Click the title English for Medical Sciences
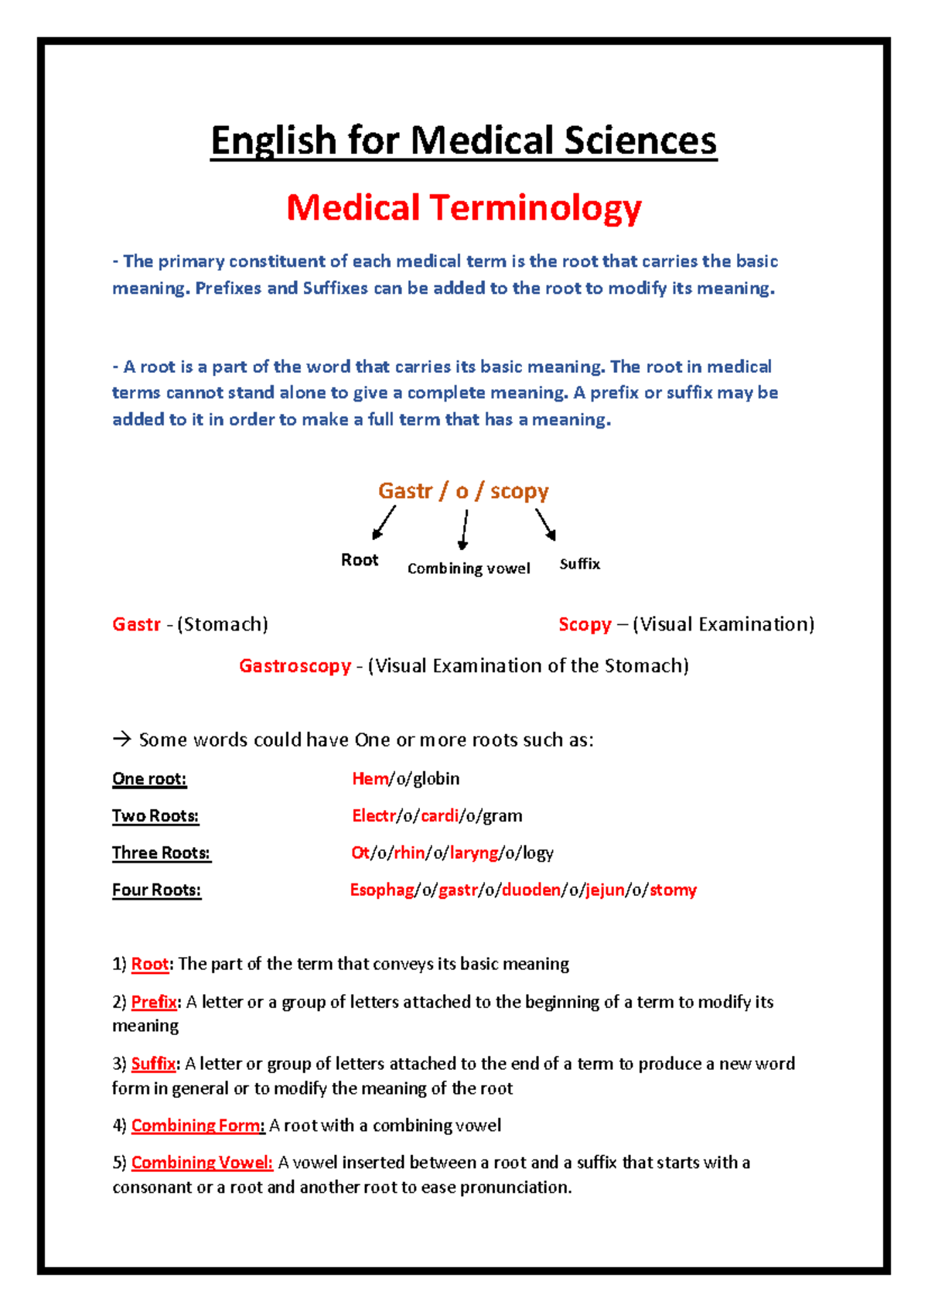(464, 142)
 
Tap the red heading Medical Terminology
(464, 207)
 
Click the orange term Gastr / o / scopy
(463, 491)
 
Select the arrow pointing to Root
(384, 522)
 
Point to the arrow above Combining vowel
(464, 529)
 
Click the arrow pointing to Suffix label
(546, 524)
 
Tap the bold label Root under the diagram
(360, 560)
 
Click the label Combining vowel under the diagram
(469, 569)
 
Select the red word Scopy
(585, 624)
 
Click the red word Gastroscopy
(295, 666)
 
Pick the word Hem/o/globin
(405, 779)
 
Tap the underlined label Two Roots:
(155, 816)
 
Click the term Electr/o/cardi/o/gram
(437, 816)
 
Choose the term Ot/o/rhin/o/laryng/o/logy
(452, 853)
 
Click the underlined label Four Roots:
(156, 890)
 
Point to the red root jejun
(605, 890)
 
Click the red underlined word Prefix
(154, 1003)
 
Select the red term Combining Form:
(198, 1126)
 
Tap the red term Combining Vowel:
(202, 1163)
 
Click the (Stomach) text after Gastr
(223, 624)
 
